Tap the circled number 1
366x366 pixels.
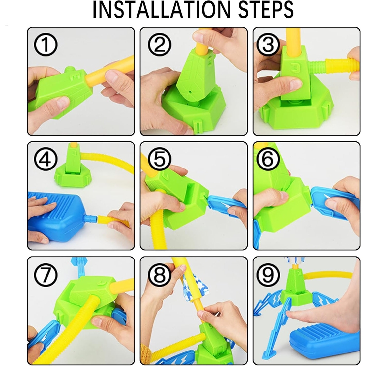[x=46, y=46]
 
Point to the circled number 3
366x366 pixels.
[x=268, y=45]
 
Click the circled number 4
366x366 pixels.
[x=46, y=160]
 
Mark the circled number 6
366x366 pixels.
[x=268, y=160]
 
